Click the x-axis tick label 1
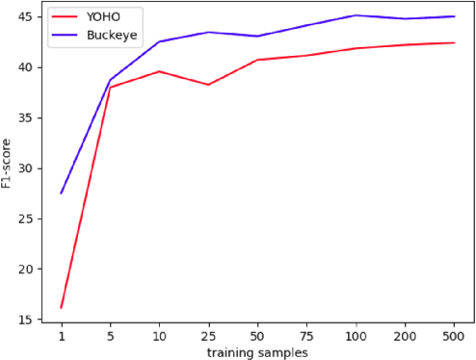[62, 337]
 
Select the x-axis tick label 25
[208, 337]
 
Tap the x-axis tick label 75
[306, 337]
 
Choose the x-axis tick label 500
[453, 337]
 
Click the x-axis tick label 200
[405, 337]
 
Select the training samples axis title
[257, 352]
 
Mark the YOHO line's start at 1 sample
[62, 308]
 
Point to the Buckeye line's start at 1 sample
[62, 193]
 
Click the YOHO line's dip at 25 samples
[208, 85]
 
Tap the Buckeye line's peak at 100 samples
[356, 15]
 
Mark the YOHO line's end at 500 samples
[453, 42]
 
